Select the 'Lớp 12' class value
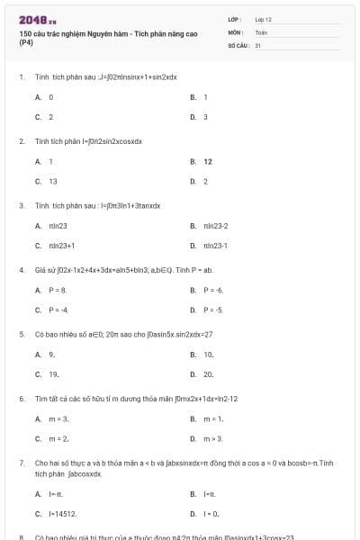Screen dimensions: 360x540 pyautogui.click(x=264, y=19)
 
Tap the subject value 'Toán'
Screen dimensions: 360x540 pyautogui.click(x=261, y=31)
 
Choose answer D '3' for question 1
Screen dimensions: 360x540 pyautogui.click(x=205, y=116)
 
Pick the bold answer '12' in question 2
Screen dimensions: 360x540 pyautogui.click(x=208, y=161)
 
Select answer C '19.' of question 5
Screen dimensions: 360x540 pyautogui.click(x=54, y=373)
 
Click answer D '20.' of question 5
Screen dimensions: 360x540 pyautogui.click(x=209, y=373)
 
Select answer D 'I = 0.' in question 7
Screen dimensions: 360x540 pyautogui.click(x=211, y=513)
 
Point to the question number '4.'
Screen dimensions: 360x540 pyautogui.click(x=21, y=269)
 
